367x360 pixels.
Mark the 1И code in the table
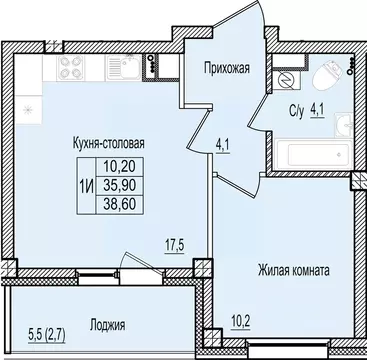tap(86, 184)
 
